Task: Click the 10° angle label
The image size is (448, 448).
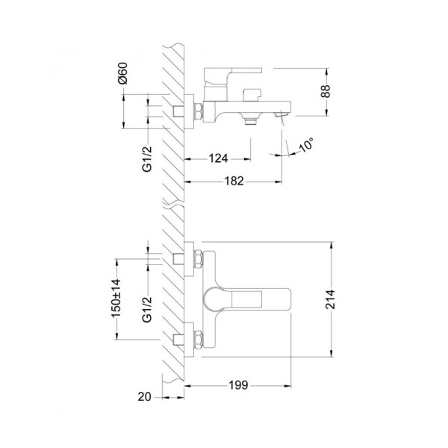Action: [305, 146]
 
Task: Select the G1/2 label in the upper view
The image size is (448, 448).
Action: [147, 158]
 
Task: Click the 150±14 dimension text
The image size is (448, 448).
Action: [116, 299]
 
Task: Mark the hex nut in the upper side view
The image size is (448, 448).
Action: [199, 111]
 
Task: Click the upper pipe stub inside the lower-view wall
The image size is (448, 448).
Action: [178, 258]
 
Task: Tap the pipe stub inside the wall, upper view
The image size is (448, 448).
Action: [178, 111]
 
